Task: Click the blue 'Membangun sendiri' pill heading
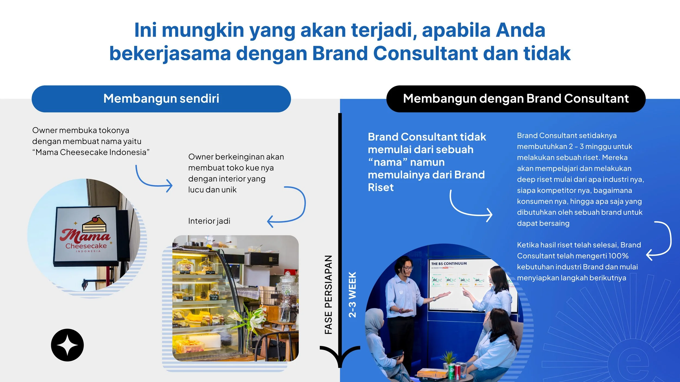coord(161,99)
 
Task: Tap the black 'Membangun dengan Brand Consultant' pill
coord(516,99)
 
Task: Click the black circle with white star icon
coord(67,345)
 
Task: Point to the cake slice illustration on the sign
coord(94,224)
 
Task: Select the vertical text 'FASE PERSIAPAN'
coord(328,295)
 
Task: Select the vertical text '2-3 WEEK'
coord(352,295)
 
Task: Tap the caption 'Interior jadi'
coord(209,221)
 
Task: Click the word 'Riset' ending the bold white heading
coord(381,187)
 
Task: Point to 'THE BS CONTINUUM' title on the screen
coord(449,264)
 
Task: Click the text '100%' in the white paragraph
coord(618,256)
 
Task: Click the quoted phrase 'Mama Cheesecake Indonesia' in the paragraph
coord(91,152)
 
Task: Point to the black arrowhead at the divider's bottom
coord(340,356)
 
